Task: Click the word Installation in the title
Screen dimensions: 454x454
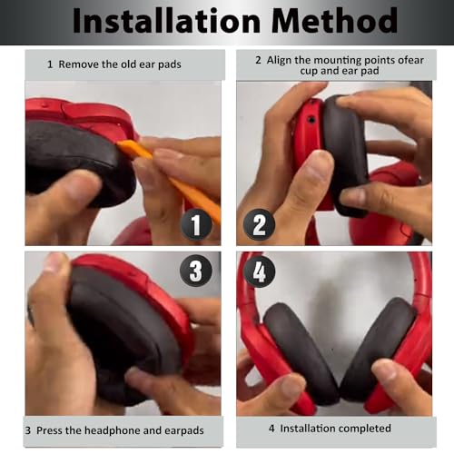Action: (x=166, y=21)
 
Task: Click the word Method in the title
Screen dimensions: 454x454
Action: (x=334, y=21)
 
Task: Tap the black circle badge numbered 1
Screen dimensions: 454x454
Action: (x=196, y=224)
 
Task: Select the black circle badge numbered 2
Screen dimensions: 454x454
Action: (x=259, y=224)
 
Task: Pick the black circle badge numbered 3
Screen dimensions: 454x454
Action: (x=195, y=271)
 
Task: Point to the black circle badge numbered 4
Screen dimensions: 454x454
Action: (x=259, y=271)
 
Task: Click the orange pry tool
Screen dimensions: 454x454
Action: (x=170, y=179)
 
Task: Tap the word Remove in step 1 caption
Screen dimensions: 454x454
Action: (x=79, y=64)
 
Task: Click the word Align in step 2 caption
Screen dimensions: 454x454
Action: (x=279, y=61)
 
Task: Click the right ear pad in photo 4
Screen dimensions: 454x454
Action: (x=379, y=348)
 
